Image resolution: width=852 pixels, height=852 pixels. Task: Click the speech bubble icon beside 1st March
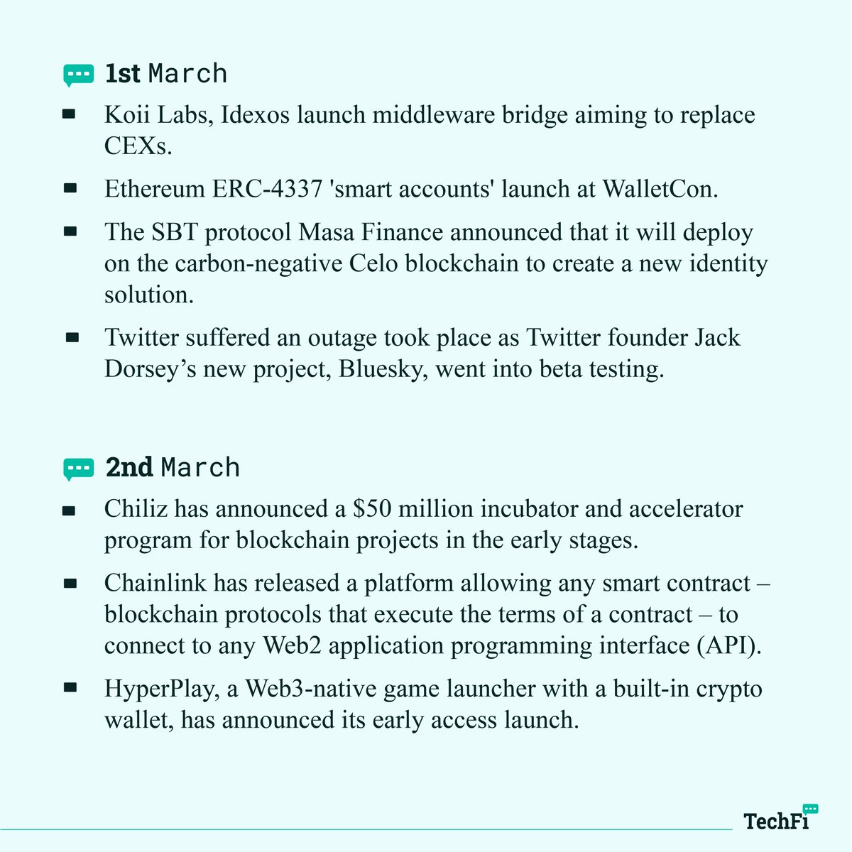pos(78,74)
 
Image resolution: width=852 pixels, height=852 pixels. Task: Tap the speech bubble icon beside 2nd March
pos(78,469)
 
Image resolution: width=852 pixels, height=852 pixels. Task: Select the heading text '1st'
pos(122,74)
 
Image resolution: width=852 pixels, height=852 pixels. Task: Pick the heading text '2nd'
pos(129,468)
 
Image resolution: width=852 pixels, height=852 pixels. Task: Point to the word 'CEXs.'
pos(139,146)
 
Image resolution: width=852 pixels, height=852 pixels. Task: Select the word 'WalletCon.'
pos(661,189)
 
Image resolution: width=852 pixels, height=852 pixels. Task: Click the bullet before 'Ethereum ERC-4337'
pos(70,189)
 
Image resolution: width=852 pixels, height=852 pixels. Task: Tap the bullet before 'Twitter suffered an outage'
pos(72,338)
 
